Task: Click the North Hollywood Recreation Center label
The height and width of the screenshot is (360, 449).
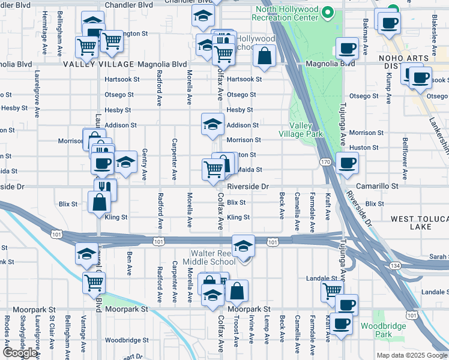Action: pyautogui.click(x=287, y=13)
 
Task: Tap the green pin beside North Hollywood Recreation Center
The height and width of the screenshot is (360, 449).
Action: pyautogui.click(x=327, y=12)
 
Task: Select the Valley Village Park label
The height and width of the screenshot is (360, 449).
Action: pyautogui.click(x=306, y=130)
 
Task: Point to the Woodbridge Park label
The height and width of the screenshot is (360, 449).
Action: pyautogui.click(x=384, y=330)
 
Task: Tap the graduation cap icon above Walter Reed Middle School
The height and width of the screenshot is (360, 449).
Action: pyautogui.click(x=244, y=246)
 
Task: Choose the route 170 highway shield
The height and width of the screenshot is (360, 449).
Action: pyautogui.click(x=325, y=162)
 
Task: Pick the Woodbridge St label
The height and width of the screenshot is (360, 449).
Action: pyautogui.click(x=126, y=340)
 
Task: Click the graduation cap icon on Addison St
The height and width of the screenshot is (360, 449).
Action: pyautogui.click(x=212, y=125)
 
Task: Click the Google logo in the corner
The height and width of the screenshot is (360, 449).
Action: pyautogui.click(x=20, y=353)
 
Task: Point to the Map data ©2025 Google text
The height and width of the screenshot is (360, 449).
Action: pyautogui.click(x=411, y=355)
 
